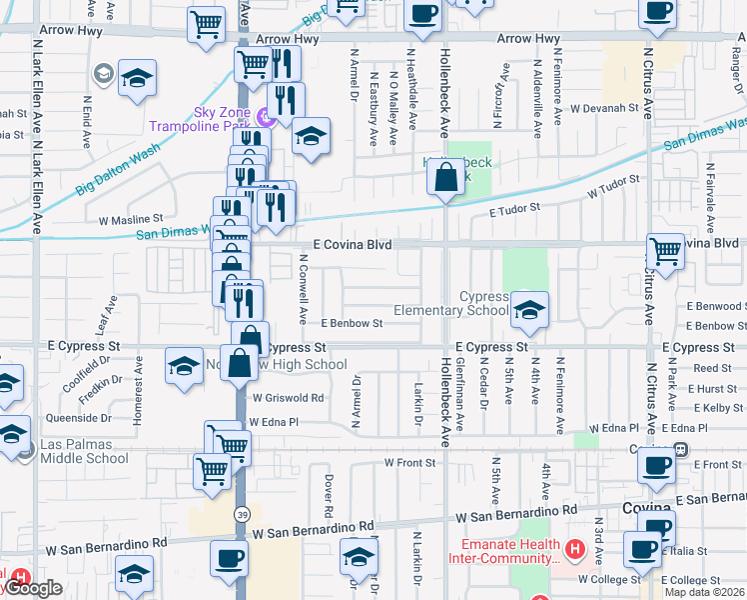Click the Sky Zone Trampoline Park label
[x=200, y=119]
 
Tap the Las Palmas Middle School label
[x=84, y=451]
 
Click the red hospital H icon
[x=574, y=549]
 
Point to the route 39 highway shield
[x=243, y=514]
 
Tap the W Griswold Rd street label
[x=290, y=397]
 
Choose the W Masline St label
[x=130, y=218]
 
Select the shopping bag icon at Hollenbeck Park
[x=445, y=179]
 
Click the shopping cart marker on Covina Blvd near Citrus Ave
[x=665, y=250]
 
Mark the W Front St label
[x=411, y=463]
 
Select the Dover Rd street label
[x=327, y=490]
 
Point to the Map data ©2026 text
[x=704, y=592]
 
